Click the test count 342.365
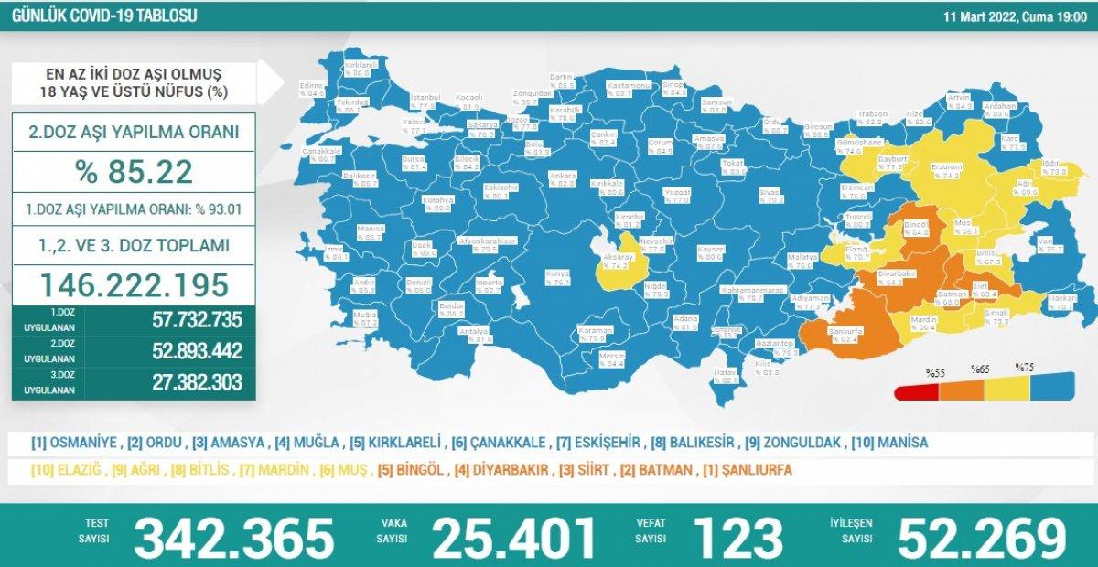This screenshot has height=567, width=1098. click(234, 538)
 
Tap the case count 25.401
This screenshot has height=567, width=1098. click(514, 538)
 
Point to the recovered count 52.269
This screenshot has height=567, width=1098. click(983, 538)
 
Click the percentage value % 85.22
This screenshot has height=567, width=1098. click(134, 171)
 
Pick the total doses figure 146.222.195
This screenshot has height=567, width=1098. click(134, 284)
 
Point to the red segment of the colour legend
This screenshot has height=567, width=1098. click(918, 390)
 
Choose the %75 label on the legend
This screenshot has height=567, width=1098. click(1024, 368)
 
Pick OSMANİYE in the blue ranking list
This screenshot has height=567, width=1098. click(74, 443)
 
